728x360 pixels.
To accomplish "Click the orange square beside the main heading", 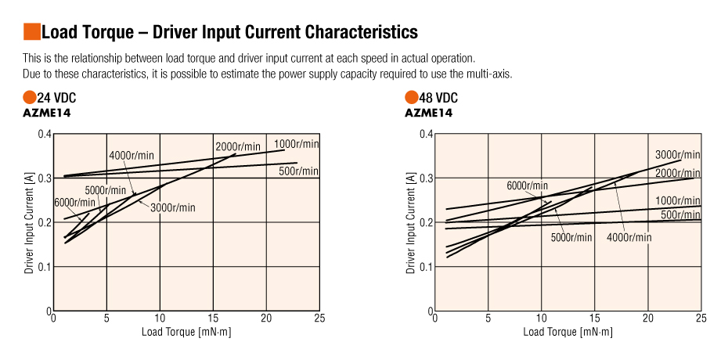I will (x=31, y=32).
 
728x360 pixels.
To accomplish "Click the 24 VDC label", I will (x=56, y=98).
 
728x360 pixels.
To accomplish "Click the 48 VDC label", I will (x=438, y=98).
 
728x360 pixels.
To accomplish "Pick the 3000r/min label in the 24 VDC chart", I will (x=172, y=207).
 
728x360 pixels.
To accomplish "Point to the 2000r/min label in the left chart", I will (x=237, y=147).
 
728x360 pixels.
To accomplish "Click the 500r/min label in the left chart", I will (x=299, y=171).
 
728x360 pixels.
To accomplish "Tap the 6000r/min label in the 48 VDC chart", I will (x=527, y=185).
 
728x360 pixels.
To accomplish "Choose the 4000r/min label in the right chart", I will (x=629, y=238).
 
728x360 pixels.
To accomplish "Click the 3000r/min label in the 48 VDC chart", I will (x=678, y=155).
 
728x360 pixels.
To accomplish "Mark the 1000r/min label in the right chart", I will (x=678, y=200).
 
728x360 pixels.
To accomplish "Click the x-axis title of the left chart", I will (x=186, y=332).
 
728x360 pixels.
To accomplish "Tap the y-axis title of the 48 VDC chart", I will (x=411, y=223).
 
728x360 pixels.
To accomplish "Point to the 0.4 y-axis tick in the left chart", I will (x=45, y=134).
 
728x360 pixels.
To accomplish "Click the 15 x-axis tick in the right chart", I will (x=594, y=319).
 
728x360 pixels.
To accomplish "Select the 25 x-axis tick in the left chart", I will (x=319, y=319).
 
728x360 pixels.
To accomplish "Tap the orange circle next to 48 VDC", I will (x=411, y=98).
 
